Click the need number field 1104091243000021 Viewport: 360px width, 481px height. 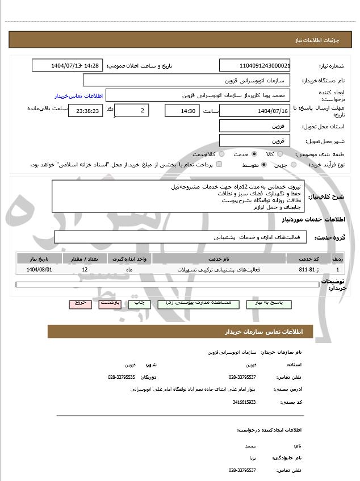pyautogui.click(x=254, y=66)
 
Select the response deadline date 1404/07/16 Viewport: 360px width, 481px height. pyautogui.click(x=254, y=110)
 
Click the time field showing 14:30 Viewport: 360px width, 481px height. pyautogui.click(x=182, y=110)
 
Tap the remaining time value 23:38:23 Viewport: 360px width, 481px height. pyautogui.click(x=85, y=111)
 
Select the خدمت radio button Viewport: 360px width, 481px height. pyautogui.click(x=254, y=154)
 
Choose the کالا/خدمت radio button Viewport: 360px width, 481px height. pyautogui.click(x=221, y=154)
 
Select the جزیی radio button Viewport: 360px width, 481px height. pyautogui.click(x=294, y=165)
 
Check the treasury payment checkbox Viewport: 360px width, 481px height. pyautogui.click(x=219, y=165)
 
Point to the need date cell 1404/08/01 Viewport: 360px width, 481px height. pyautogui.click(x=39, y=269)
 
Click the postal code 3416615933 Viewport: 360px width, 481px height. pyautogui.click(x=244, y=402)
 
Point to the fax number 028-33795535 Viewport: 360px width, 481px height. pyautogui.click(x=122, y=377)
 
